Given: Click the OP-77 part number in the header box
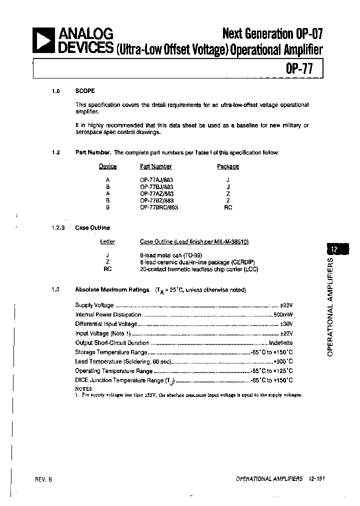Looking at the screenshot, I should click(x=299, y=68).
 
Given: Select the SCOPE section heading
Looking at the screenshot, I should click(x=85, y=91).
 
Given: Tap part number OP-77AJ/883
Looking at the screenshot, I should click(x=156, y=179).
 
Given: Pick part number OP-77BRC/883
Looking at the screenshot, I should click(x=159, y=207).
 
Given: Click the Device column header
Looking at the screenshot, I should click(x=107, y=166).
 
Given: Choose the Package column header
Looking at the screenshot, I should click(x=228, y=166).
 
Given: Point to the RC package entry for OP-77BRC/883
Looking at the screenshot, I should click(x=228, y=207).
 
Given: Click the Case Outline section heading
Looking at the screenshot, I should click(x=92, y=227).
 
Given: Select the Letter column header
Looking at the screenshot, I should click(x=107, y=241).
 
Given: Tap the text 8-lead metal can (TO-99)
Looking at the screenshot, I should click(x=165, y=254).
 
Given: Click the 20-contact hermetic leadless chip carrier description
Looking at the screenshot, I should click(x=199, y=269).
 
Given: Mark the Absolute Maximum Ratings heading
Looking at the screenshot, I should click(x=112, y=289).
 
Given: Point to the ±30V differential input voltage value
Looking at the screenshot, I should click(x=285, y=324).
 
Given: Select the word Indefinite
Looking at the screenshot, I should click(x=281, y=343).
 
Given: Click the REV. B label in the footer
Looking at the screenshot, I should click(x=43, y=479).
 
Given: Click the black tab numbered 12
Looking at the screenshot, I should click(x=334, y=248).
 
